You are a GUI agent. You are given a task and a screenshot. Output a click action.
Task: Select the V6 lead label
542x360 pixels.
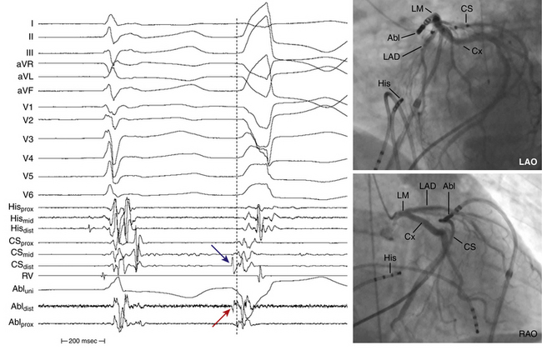14,193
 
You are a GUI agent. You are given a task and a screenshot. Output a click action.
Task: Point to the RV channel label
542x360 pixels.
14,274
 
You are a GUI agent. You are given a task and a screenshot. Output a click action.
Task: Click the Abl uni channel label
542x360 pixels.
19,291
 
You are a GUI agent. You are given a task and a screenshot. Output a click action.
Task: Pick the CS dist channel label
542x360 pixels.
19,262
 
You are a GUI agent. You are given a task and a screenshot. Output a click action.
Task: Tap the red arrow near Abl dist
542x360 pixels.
221,317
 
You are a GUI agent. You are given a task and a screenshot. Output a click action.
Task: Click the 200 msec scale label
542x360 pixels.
83,341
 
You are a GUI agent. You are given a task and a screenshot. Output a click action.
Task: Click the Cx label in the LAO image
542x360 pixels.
476,52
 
